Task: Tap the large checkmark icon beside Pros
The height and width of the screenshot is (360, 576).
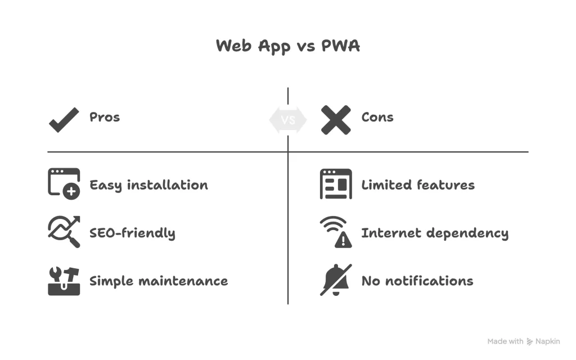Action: [x=64, y=119]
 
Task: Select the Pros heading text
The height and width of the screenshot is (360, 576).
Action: [x=105, y=118]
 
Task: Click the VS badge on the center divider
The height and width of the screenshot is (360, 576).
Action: [x=288, y=120]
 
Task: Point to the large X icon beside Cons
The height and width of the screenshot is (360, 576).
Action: [x=336, y=119]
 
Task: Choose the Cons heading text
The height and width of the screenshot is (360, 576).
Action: [x=377, y=118]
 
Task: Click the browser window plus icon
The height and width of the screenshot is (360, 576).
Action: [x=64, y=184]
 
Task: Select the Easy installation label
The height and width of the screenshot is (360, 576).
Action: [x=148, y=185]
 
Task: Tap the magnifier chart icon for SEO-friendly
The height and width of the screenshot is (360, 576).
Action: [x=64, y=232]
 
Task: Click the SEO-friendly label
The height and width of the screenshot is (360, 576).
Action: [x=132, y=233]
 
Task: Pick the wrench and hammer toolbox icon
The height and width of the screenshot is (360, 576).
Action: [x=64, y=280]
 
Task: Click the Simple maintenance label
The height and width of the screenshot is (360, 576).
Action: [x=159, y=281]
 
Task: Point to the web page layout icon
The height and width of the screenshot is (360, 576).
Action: [x=336, y=184]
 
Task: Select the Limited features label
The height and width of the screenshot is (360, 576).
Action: [x=418, y=185]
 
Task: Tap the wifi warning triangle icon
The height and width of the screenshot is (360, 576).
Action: [x=336, y=232]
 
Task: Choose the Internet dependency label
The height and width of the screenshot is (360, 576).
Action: [x=435, y=233]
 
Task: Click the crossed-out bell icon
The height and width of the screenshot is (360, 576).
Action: [x=336, y=280]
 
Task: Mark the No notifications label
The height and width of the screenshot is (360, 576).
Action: [x=417, y=281]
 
